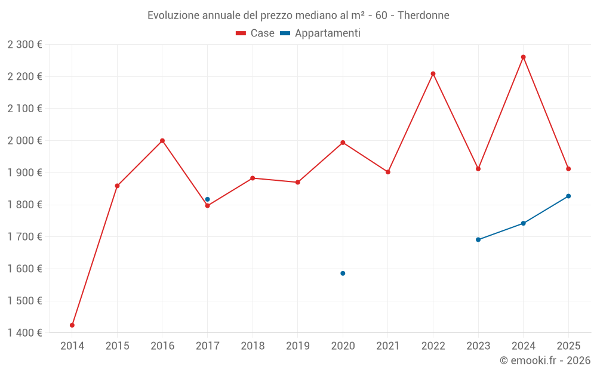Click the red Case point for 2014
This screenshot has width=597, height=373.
point(72,325)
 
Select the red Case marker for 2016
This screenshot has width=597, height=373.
point(162,141)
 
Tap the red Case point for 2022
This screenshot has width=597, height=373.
point(433,74)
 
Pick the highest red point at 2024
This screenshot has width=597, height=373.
point(524,57)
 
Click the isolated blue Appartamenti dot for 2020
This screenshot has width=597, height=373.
point(343,273)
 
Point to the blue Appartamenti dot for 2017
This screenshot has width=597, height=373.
point(207,199)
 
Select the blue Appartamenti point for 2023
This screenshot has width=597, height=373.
point(478,240)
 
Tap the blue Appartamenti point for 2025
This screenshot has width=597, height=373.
point(568,196)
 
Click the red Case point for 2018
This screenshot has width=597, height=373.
point(253,178)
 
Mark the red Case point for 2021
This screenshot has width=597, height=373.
point(388,172)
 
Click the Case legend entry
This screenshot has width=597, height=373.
point(256,33)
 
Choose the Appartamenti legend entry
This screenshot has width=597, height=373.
point(321,33)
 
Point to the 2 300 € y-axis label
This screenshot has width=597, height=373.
point(25,45)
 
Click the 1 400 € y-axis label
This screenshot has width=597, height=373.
point(25,333)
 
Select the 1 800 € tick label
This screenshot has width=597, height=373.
point(25,205)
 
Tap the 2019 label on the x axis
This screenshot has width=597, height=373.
point(298,346)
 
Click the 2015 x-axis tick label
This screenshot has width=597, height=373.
point(117,346)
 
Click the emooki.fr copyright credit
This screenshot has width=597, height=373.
point(545,360)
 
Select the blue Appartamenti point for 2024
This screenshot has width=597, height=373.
point(524,223)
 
